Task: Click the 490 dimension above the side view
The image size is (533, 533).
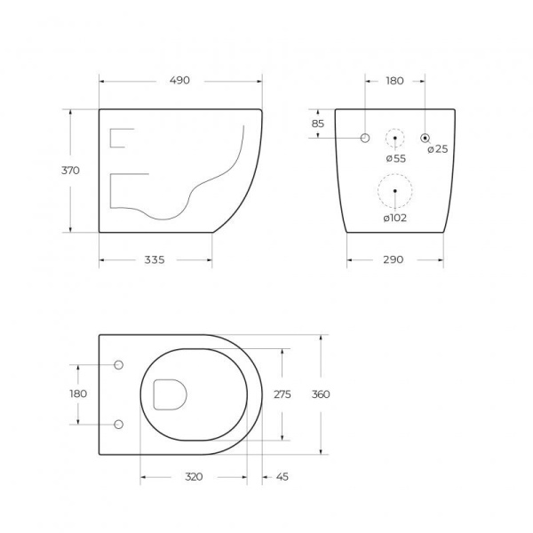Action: [x=180, y=81]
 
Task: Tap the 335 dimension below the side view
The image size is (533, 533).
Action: [x=155, y=260]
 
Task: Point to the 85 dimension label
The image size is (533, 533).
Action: [x=318, y=123]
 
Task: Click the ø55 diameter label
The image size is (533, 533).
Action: [x=395, y=158]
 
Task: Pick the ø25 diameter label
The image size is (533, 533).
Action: [x=437, y=149]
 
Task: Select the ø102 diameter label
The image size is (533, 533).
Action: [x=394, y=218]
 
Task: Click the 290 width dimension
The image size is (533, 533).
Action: [x=394, y=260]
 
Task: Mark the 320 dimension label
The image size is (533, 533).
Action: [x=194, y=477]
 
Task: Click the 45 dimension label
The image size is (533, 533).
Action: [x=282, y=477]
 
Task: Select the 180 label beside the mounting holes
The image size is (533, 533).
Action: [x=78, y=394]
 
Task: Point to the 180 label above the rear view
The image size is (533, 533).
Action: [x=395, y=81]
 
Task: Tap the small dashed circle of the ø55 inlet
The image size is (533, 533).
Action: [x=395, y=139]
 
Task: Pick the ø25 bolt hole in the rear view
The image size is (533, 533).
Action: [x=426, y=138]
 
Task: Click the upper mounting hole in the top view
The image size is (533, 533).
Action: [x=119, y=364]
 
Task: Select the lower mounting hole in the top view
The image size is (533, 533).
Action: [x=119, y=424]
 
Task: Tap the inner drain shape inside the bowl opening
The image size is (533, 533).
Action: [x=168, y=394]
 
